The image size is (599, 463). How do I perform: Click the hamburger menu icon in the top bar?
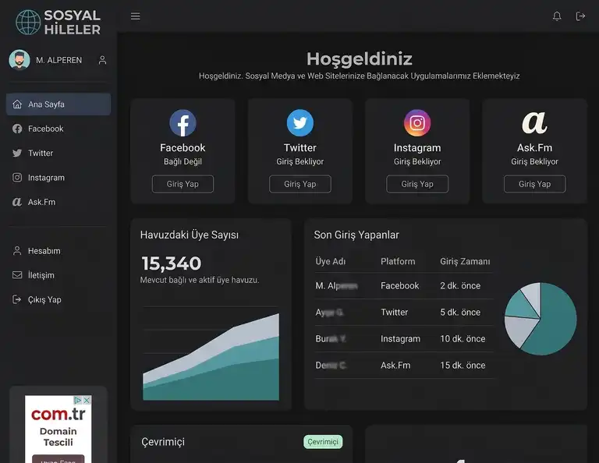click(136, 16)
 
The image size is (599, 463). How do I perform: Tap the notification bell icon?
click(557, 16)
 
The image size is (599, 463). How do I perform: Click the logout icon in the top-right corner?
click(580, 16)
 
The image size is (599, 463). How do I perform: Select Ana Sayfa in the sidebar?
click(58, 104)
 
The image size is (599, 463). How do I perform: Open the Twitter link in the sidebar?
click(41, 154)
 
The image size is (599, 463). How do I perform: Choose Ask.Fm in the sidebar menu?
click(41, 203)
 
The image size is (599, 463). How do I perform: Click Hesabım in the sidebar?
click(44, 251)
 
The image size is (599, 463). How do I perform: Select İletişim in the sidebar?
click(41, 275)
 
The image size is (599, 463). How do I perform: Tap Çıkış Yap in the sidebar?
click(44, 300)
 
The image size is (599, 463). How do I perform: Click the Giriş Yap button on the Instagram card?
click(417, 184)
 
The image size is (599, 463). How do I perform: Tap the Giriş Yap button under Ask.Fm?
click(534, 184)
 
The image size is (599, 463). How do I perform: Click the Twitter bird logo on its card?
click(300, 123)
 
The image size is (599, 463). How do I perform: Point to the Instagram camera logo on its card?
click(417, 123)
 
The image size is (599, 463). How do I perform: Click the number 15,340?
click(171, 263)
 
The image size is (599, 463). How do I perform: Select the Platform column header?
click(398, 262)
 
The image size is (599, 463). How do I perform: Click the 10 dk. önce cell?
click(463, 339)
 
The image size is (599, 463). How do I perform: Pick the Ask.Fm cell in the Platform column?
click(395, 366)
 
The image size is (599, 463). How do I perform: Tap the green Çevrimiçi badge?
click(323, 442)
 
